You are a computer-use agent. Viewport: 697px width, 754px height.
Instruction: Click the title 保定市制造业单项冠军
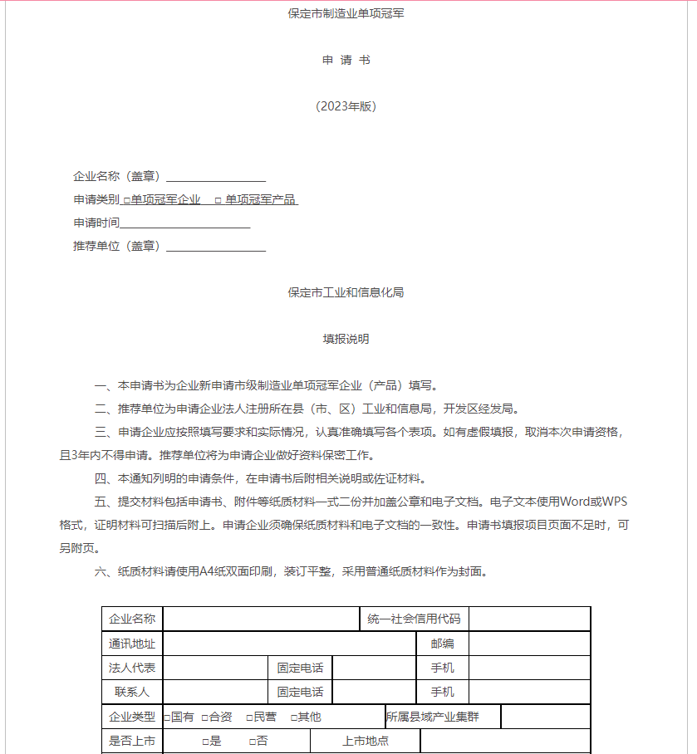pos(346,14)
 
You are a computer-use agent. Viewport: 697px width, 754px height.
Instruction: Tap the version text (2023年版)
pos(346,106)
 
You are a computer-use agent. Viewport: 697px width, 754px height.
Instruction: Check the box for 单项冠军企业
pos(127,200)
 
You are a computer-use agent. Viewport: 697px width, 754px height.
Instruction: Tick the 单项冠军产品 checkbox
pos(218,200)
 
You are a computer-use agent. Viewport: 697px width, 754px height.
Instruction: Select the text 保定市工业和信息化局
pos(346,292)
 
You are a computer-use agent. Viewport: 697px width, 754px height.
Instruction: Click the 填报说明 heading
pos(346,339)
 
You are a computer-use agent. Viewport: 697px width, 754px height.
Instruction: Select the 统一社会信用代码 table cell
pos(414,619)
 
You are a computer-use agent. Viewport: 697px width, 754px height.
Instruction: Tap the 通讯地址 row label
pos(132,644)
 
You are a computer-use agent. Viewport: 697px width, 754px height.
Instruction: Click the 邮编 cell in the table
pos(442,644)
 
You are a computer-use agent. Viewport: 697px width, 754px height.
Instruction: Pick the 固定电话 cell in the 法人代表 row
pos(300,668)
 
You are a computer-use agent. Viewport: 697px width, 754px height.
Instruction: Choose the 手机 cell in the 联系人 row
pos(442,692)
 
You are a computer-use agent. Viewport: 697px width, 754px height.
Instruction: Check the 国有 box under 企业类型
pos(167,717)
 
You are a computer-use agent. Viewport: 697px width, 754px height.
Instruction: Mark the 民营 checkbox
pos(249,717)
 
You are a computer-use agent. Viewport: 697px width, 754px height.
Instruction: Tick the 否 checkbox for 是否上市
pos(252,742)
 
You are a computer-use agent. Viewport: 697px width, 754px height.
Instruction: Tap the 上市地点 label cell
pos(365,742)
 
